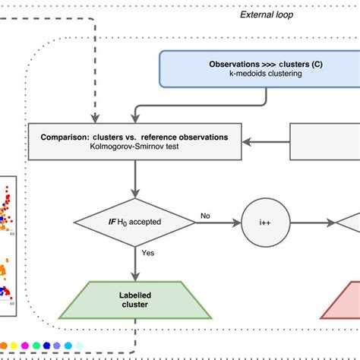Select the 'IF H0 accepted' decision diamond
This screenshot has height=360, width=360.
[134, 223]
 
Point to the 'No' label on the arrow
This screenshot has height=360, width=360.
[204, 216]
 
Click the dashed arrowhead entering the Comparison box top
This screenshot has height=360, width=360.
[93, 118]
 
